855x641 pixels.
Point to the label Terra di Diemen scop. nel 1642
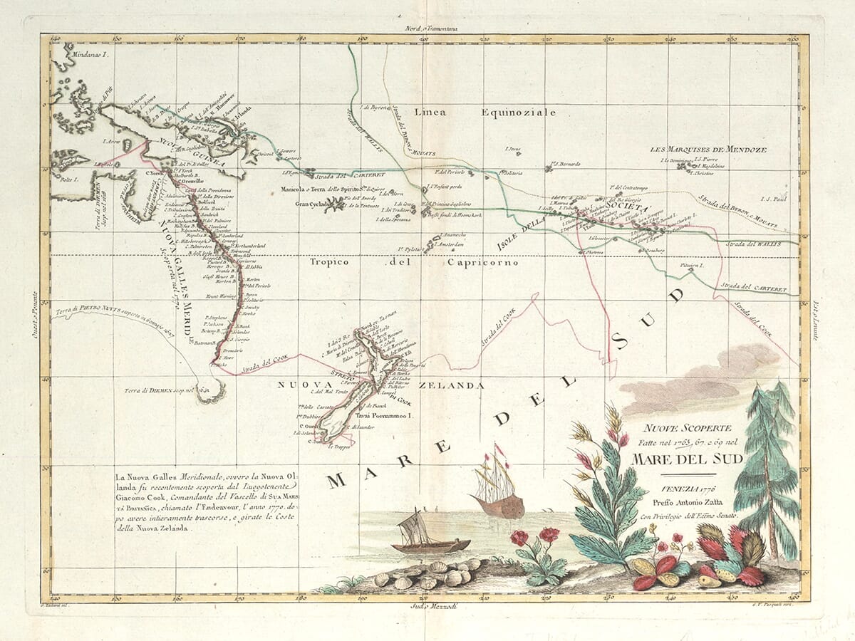click(x=158, y=390)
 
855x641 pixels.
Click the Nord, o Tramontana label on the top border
click(x=427, y=28)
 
